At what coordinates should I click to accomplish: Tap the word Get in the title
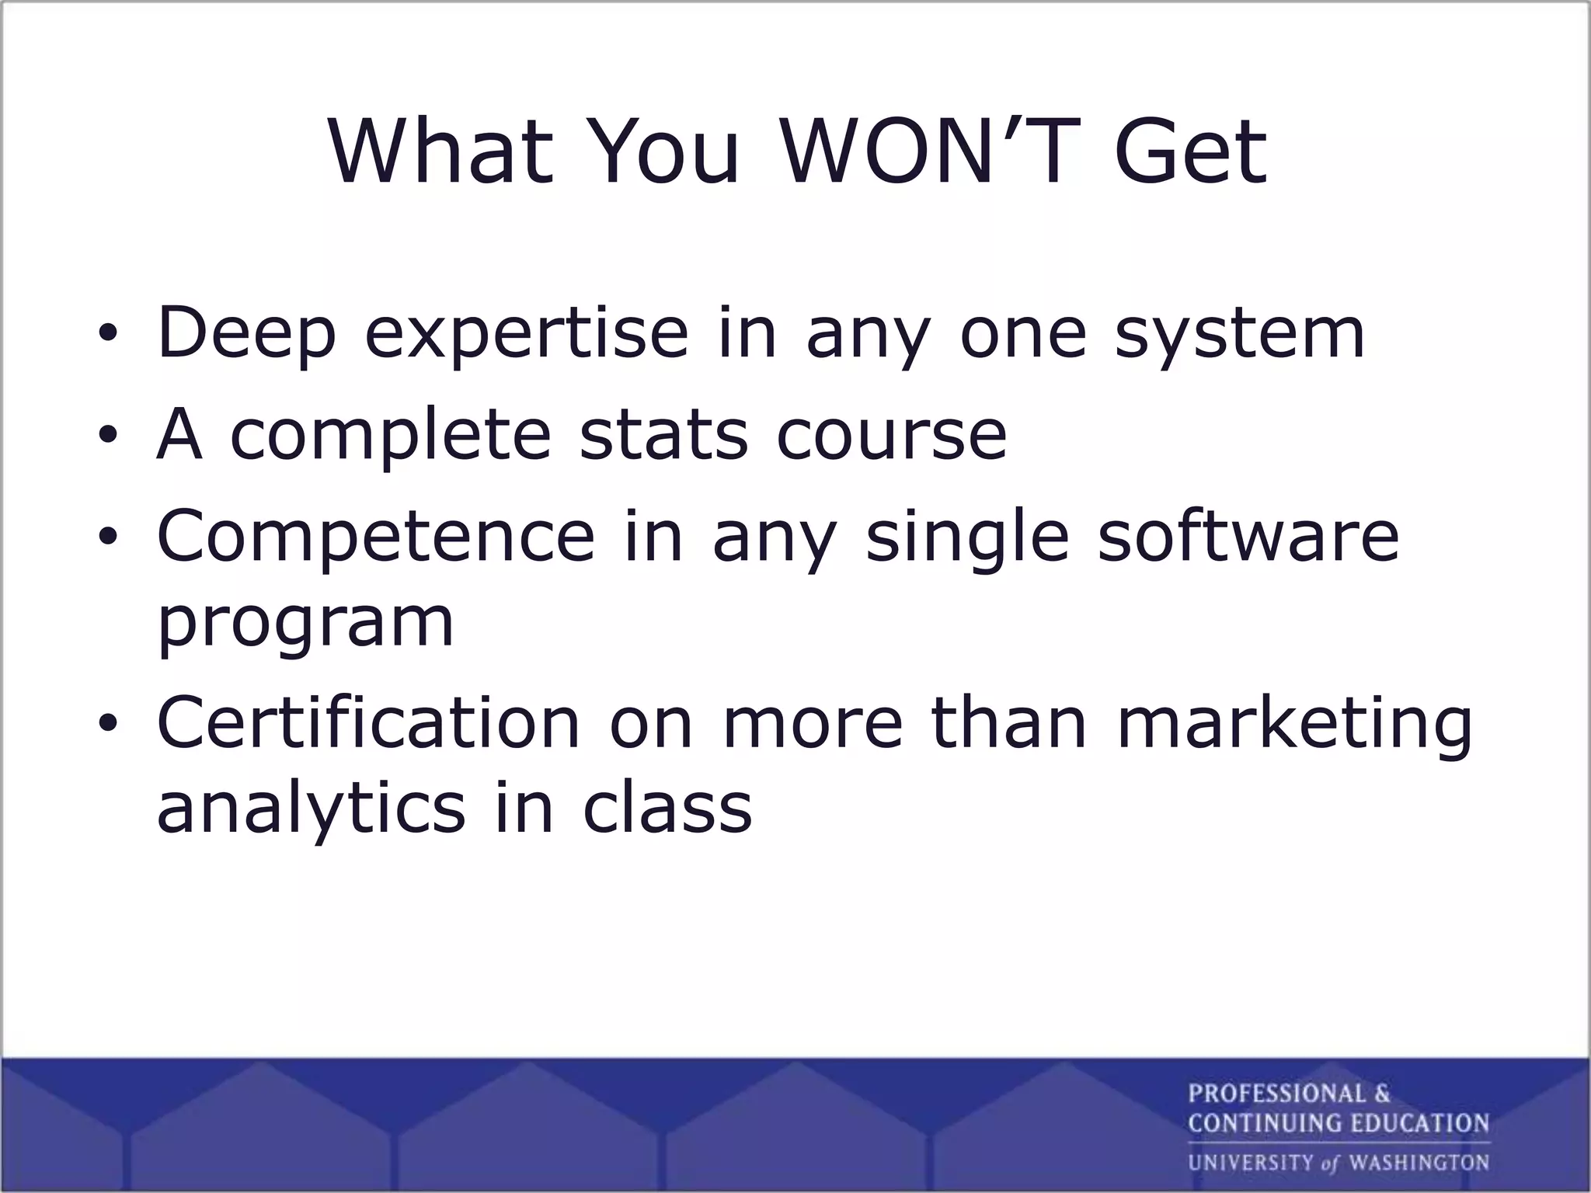[x=1190, y=153]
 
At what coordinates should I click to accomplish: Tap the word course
[x=891, y=435]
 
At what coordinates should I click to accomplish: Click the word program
[x=305, y=624]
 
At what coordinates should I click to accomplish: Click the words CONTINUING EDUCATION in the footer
[x=1338, y=1123]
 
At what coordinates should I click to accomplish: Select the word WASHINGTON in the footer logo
[x=1419, y=1163]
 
